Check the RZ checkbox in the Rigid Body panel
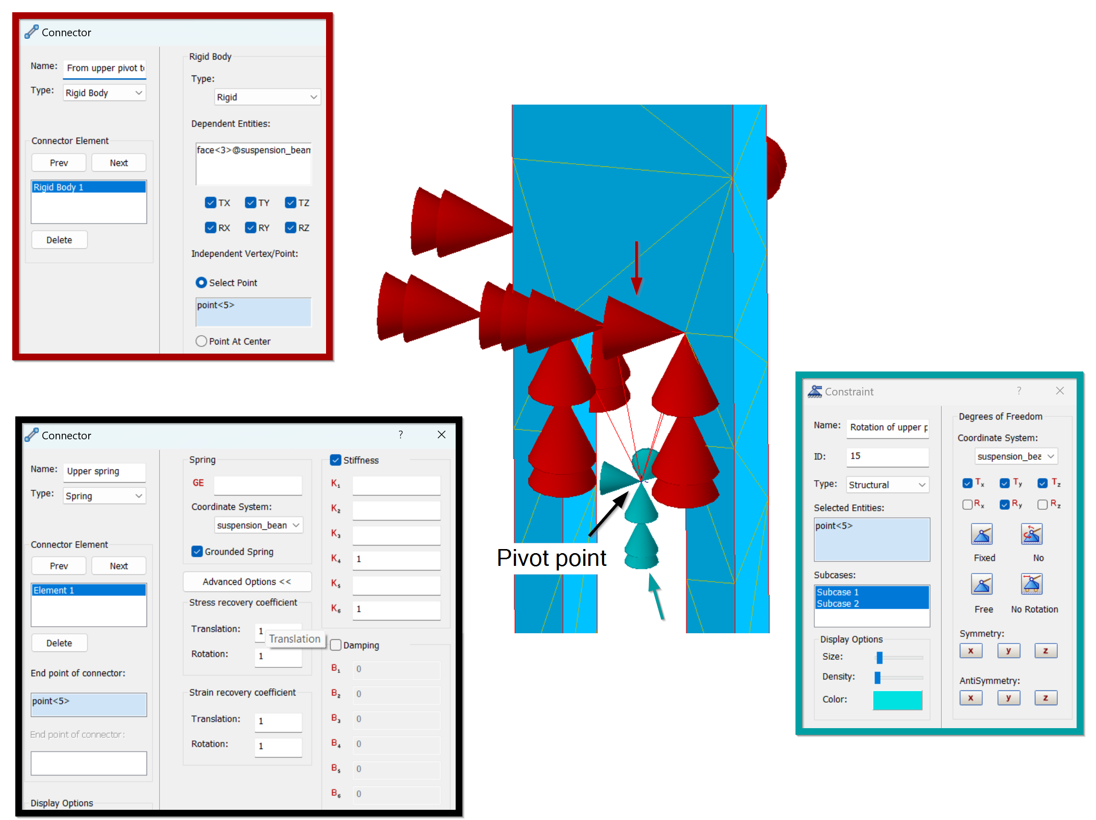[290, 228]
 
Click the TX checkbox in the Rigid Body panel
[210, 203]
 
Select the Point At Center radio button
[201, 341]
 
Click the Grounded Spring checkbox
[197, 552]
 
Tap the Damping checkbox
[336, 645]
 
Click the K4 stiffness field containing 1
[396, 559]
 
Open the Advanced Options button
[247, 582]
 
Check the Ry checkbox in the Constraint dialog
[1004, 504]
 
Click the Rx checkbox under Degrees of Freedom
[967, 504]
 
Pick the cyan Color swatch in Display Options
[898, 700]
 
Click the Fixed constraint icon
[982, 534]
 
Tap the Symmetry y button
[1008, 651]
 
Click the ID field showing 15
[888, 456]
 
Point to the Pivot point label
[552, 558]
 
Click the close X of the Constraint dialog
[1060, 391]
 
